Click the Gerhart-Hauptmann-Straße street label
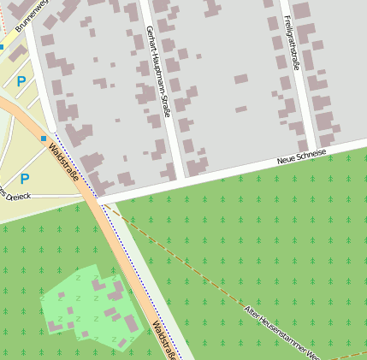coord(157,71)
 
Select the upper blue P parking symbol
coord(21,81)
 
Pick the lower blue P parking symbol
coord(25,179)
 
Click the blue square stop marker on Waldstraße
coord(44,138)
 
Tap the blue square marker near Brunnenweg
coord(2,47)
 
